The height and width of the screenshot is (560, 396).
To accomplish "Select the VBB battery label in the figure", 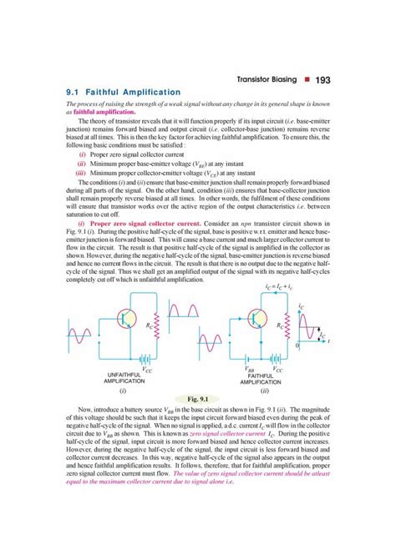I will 250,367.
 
